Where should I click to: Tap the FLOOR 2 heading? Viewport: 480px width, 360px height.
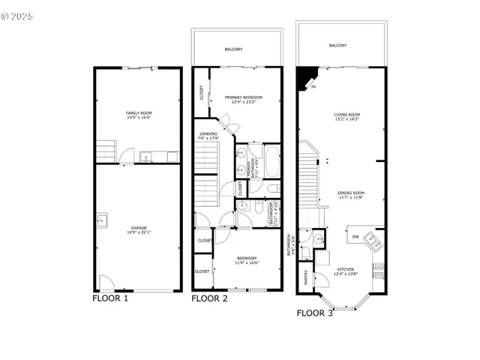click(x=210, y=298)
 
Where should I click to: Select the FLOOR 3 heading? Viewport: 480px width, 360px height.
click(x=315, y=313)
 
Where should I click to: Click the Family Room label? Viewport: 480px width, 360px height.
click(x=138, y=112)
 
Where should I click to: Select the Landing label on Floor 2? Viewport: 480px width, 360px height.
click(x=207, y=133)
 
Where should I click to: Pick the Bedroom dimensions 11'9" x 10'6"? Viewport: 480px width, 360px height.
click(x=247, y=262)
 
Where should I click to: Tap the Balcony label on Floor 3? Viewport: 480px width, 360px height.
click(x=337, y=46)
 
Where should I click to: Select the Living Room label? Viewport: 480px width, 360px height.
click(x=347, y=115)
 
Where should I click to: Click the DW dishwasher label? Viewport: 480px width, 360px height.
click(x=355, y=237)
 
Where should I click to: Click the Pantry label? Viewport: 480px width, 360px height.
click(x=305, y=277)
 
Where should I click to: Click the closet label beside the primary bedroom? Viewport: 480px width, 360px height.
click(x=202, y=93)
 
